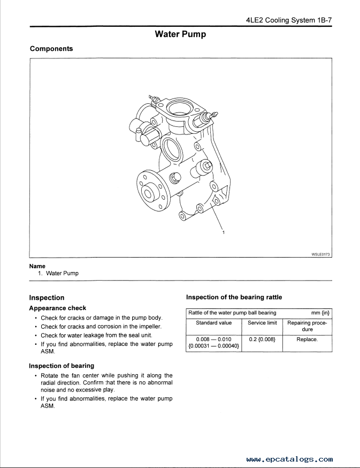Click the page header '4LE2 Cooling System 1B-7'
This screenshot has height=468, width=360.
tap(289, 20)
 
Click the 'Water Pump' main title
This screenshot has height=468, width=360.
tap(180, 34)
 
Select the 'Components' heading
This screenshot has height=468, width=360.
tap(51, 49)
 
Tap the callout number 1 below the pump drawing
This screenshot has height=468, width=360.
tap(224, 232)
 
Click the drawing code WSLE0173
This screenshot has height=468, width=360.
tap(320, 255)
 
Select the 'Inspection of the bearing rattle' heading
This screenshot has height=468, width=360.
tap(234, 297)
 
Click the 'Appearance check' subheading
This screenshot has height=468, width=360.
tap(57, 308)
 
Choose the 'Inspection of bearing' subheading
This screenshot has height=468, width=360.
tap(62, 366)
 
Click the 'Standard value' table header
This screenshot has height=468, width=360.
tap(214, 323)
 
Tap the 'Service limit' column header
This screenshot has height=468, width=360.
tap(262, 323)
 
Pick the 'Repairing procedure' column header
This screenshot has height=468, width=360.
tap(307, 326)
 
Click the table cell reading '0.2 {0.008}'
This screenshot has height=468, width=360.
tap(262, 339)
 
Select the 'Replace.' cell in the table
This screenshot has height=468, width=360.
tap(307, 339)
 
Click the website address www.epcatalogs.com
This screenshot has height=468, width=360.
tap(290, 459)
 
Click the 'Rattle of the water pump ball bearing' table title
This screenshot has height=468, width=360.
tap(232, 313)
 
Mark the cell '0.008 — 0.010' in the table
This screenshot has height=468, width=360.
tap(214, 339)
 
